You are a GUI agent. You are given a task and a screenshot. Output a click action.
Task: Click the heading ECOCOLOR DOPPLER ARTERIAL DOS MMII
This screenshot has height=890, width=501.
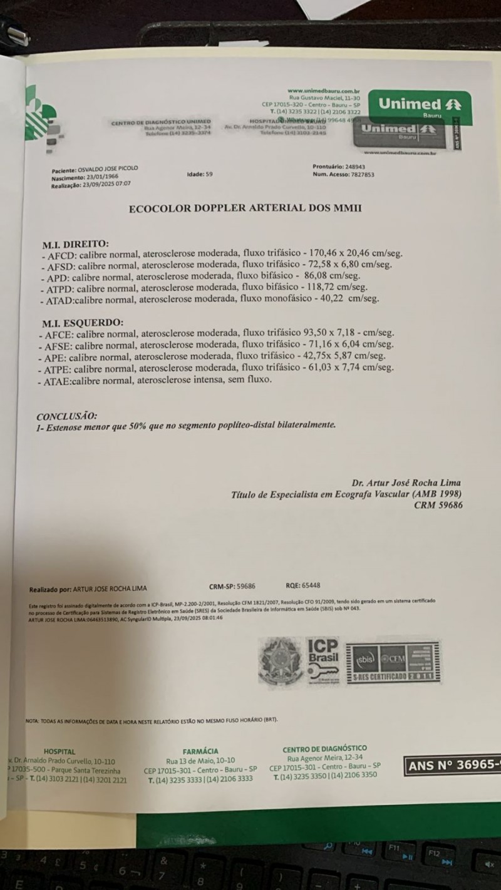(245, 210)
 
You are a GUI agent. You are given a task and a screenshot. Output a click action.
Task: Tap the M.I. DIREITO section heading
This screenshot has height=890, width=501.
(75, 243)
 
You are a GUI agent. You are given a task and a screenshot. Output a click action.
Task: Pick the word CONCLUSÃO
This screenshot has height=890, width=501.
(66, 416)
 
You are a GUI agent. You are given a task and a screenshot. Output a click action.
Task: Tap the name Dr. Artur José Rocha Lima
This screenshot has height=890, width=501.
(406, 483)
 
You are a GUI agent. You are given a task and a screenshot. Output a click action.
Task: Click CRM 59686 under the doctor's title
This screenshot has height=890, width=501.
(438, 505)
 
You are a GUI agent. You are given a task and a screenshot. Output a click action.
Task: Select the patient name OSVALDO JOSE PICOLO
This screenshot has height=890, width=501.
(108, 169)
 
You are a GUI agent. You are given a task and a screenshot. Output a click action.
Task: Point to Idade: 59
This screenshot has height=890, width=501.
(200, 175)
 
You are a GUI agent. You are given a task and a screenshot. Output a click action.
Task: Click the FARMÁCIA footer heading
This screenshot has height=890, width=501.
(200, 751)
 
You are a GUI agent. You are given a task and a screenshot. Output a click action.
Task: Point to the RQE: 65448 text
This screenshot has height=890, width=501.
(302, 586)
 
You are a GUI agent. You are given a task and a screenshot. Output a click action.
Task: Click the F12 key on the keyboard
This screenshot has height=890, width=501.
(435, 853)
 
